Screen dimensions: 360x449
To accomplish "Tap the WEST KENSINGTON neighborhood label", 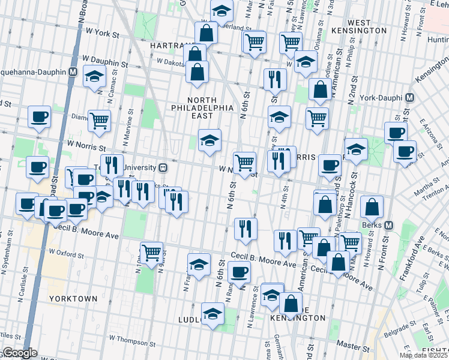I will [368, 26].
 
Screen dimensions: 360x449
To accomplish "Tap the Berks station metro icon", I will [388, 226].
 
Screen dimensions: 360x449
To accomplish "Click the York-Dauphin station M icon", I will [410, 97].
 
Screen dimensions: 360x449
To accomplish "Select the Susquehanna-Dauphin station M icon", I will [73, 71].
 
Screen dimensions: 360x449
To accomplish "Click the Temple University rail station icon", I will [163, 168].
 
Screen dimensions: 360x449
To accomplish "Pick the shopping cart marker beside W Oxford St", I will [151, 251].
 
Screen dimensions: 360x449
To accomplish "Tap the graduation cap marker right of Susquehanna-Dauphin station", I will [95, 76].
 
